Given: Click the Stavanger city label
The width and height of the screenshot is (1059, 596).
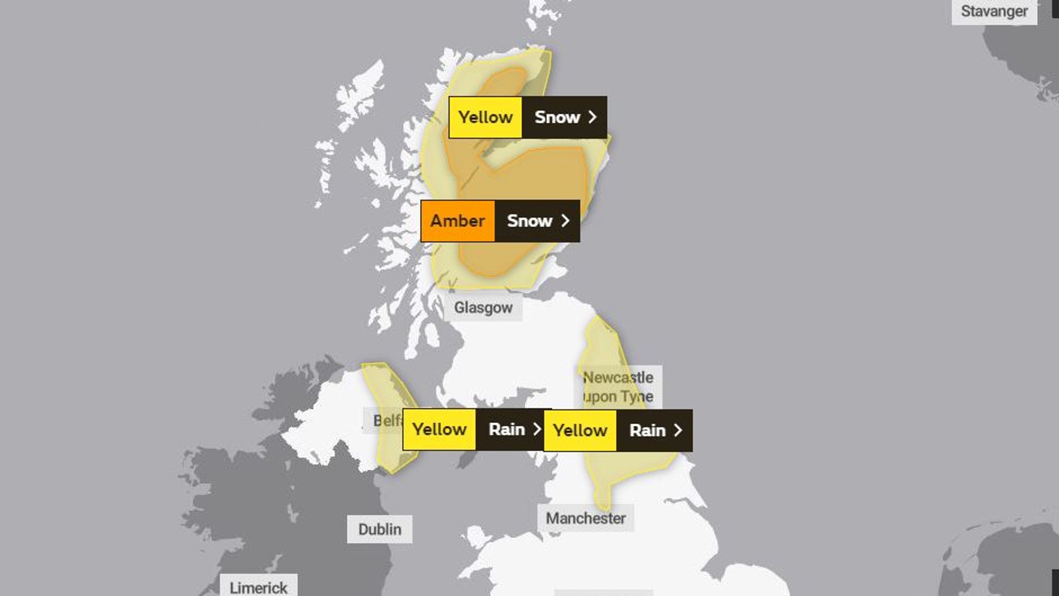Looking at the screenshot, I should (x=994, y=11).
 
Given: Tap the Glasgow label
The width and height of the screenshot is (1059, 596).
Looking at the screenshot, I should (x=483, y=308).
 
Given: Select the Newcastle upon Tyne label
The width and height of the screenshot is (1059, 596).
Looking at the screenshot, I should (x=618, y=387).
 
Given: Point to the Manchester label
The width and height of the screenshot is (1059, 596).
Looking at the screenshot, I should (x=585, y=518).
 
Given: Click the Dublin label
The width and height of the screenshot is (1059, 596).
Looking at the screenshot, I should (x=380, y=529).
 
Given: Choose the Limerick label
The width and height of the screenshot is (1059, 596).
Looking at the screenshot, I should (x=258, y=588).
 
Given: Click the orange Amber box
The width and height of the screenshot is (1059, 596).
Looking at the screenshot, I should (x=458, y=221).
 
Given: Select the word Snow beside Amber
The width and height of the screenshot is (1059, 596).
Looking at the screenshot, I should (x=529, y=221).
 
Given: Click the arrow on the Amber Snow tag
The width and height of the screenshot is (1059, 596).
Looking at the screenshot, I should (x=566, y=221).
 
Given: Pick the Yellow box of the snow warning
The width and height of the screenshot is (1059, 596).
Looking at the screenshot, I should (x=485, y=117).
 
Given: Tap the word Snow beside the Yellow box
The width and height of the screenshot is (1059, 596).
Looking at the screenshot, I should (x=557, y=117).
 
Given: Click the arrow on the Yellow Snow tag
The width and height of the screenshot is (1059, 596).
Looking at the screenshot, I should (x=593, y=117).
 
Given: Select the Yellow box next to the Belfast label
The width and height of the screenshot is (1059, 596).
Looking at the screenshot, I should (x=439, y=429).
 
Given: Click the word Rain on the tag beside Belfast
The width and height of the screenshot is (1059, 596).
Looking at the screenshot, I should (x=506, y=429).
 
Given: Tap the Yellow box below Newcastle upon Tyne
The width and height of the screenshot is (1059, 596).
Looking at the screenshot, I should (x=580, y=430).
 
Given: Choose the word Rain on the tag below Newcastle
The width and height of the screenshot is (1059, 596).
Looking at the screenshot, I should (x=647, y=430).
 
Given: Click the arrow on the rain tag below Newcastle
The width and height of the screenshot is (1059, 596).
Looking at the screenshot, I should (x=678, y=430).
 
